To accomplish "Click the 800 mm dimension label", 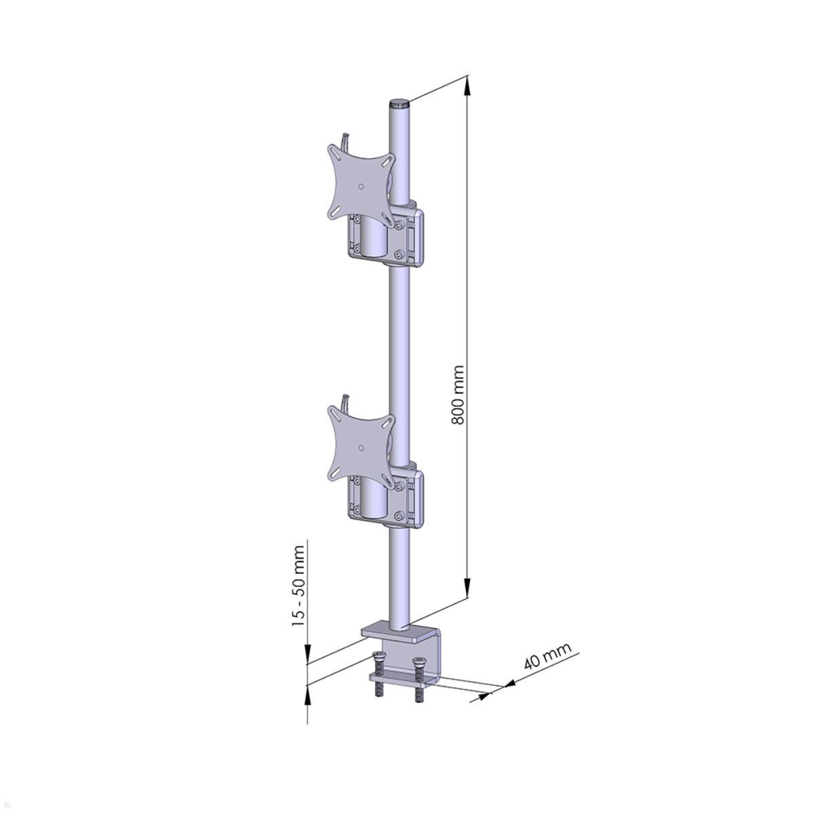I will coord(459,395).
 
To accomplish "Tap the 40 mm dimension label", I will coord(547,656).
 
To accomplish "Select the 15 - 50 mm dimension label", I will coord(298,585).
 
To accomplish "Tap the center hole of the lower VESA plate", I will coord(361,446).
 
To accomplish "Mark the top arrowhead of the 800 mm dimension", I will coord(467,85).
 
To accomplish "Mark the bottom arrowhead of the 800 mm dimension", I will coord(467,589).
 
